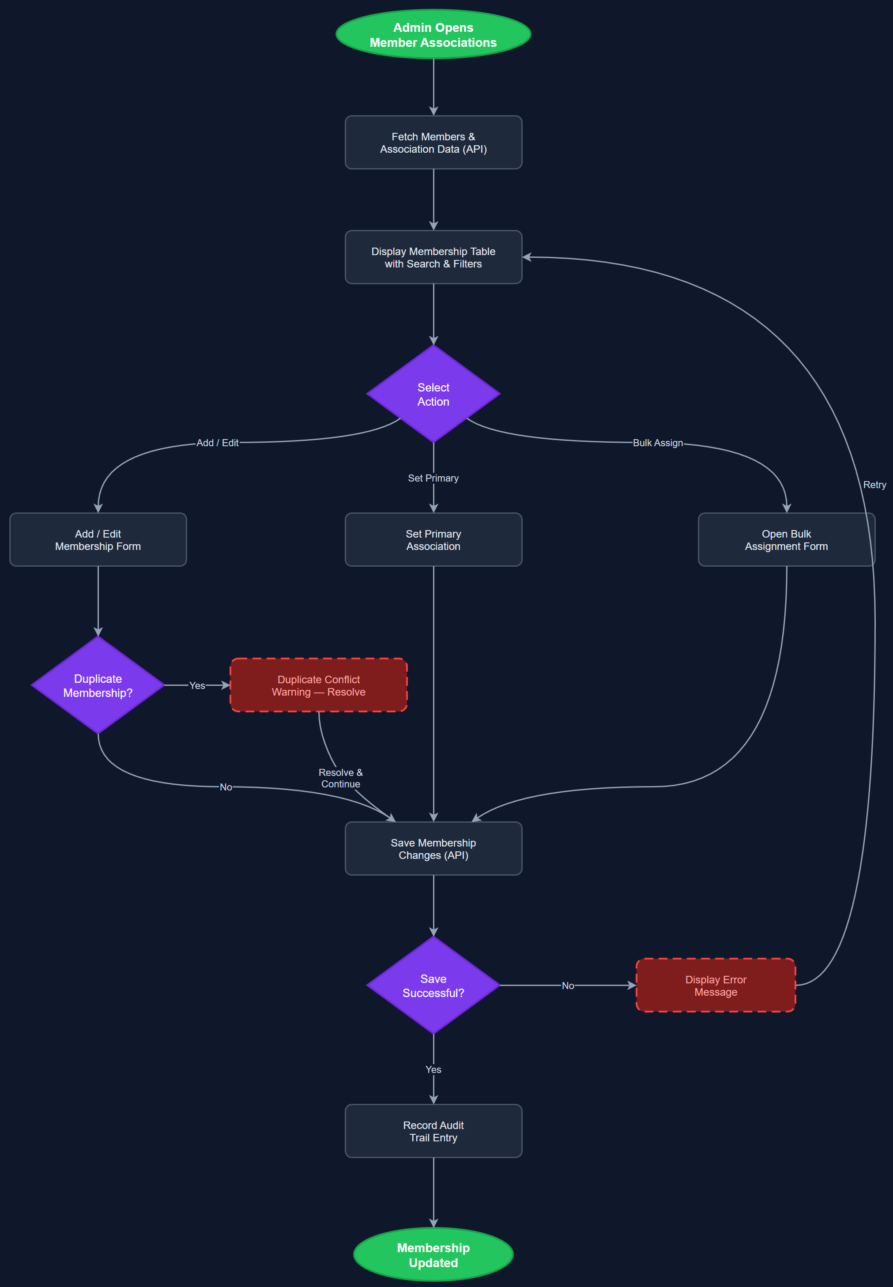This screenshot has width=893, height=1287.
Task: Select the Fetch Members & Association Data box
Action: pos(433,143)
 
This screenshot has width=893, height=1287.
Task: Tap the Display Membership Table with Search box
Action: pos(433,257)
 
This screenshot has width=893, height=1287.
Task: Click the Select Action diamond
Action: pos(433,394)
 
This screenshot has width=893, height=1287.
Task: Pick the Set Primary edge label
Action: pos(433,478)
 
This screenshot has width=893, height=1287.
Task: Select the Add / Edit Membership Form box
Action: pos(98,540)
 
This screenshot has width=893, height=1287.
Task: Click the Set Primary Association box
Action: pos(433,540)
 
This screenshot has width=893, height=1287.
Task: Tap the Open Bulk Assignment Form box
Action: pos(786,540)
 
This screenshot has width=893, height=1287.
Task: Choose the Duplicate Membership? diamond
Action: pos(98,685)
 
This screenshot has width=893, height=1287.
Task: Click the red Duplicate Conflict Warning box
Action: pos(318,685)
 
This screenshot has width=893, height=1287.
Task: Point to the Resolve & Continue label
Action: pos(340,778)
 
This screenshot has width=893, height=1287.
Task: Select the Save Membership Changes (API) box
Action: pos(433,848)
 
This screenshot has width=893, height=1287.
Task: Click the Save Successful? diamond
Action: pos(433,986)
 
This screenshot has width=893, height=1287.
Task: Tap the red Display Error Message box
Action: pos(716,986)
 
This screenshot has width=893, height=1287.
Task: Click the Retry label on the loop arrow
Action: pos(874,485)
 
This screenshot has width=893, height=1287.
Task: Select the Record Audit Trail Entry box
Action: pos(433,1131)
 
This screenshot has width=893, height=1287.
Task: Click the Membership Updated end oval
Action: pos(433,1254)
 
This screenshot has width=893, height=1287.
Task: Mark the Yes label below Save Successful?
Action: pos(433,1069)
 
